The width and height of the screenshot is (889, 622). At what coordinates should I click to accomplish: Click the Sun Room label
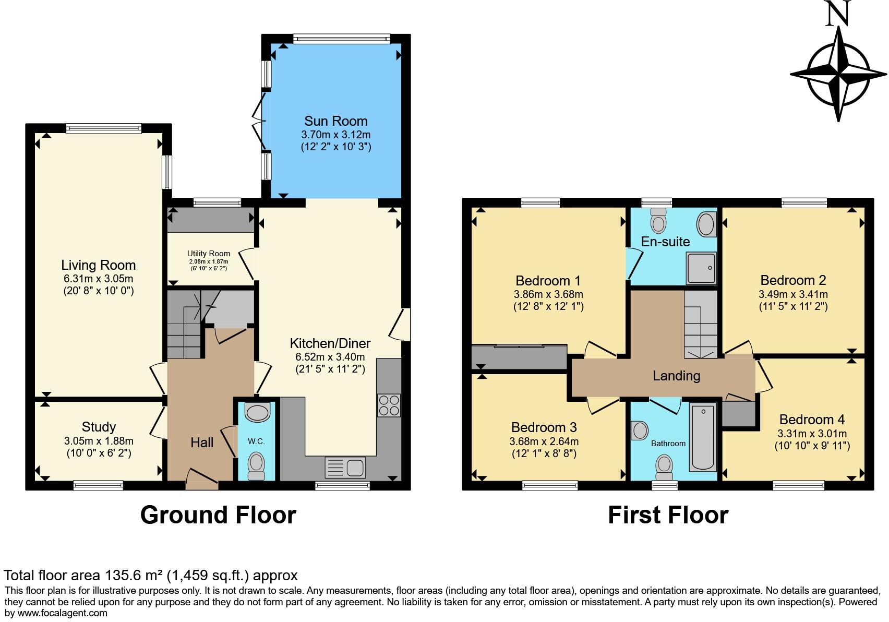[x=335, y=121]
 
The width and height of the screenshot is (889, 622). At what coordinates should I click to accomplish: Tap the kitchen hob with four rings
[x=389, y=405]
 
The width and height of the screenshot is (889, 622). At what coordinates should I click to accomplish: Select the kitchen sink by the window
[x=345, y=467]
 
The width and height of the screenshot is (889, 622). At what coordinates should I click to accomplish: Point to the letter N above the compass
[x=838, y=14]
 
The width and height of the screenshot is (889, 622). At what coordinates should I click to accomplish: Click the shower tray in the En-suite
[x=701, y=268]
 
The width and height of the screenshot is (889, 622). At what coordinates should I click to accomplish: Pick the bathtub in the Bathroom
[x=703, y=436]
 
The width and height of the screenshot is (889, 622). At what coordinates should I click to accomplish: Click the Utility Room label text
[x=209, y=254]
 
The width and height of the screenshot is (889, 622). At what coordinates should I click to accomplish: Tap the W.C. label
[x=256, y=441]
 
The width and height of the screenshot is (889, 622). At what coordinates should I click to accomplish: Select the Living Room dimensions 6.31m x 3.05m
[x=98, y=279]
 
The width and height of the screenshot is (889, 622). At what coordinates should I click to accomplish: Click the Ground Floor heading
[x=218, y=515]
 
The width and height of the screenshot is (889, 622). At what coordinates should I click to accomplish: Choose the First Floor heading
[x=668, y=515]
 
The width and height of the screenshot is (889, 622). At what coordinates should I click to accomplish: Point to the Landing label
[x=676, y=376]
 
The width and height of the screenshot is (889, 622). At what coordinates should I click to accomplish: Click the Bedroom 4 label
[x=812, y=420]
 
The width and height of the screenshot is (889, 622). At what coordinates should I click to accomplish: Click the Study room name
[x=99, y=427]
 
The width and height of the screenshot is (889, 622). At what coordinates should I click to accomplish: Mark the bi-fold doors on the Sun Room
[x=260, y=121]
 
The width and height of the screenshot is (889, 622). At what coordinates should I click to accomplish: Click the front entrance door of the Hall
[x=202, y=479]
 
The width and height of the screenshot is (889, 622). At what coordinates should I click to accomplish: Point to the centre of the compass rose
[x=838, y=74]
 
